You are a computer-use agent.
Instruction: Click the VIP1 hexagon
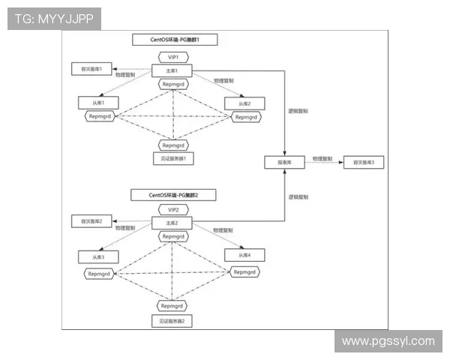pyautogui.click(x=173, y=57)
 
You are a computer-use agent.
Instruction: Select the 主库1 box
pyautogui.click(x=173, y=70)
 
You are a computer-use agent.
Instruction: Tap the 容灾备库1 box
pyautogui.click(x=86, y=69)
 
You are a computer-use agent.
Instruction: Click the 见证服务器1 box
pyautogui.click(x=173, y=158)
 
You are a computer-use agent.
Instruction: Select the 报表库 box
pyautogui.click(x=284, y=161)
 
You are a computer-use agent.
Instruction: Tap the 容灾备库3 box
pyautogui.click(x=362, y=161)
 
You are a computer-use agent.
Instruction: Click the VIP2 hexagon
pyautogui.click(x=173, y=210)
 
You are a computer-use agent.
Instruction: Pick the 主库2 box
pyautogui.click(x=173, y=223)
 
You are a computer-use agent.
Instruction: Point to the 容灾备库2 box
pyautogui.click(x=86, y=221)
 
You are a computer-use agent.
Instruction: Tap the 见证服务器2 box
pyautogui.click(x=173, y=320)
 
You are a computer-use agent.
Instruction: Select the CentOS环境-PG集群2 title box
pyautogui.click(x=173, y=194)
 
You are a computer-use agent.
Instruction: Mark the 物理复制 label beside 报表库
pyautogui.click(x=322, y=158)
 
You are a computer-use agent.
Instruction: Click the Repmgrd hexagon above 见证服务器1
pyautogui.click(x=173, y=143)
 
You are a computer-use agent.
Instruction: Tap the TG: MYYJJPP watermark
pyautogui.click(x=53, y=19)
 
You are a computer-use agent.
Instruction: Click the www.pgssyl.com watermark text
pyautogui.click(x=387, y=341)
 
